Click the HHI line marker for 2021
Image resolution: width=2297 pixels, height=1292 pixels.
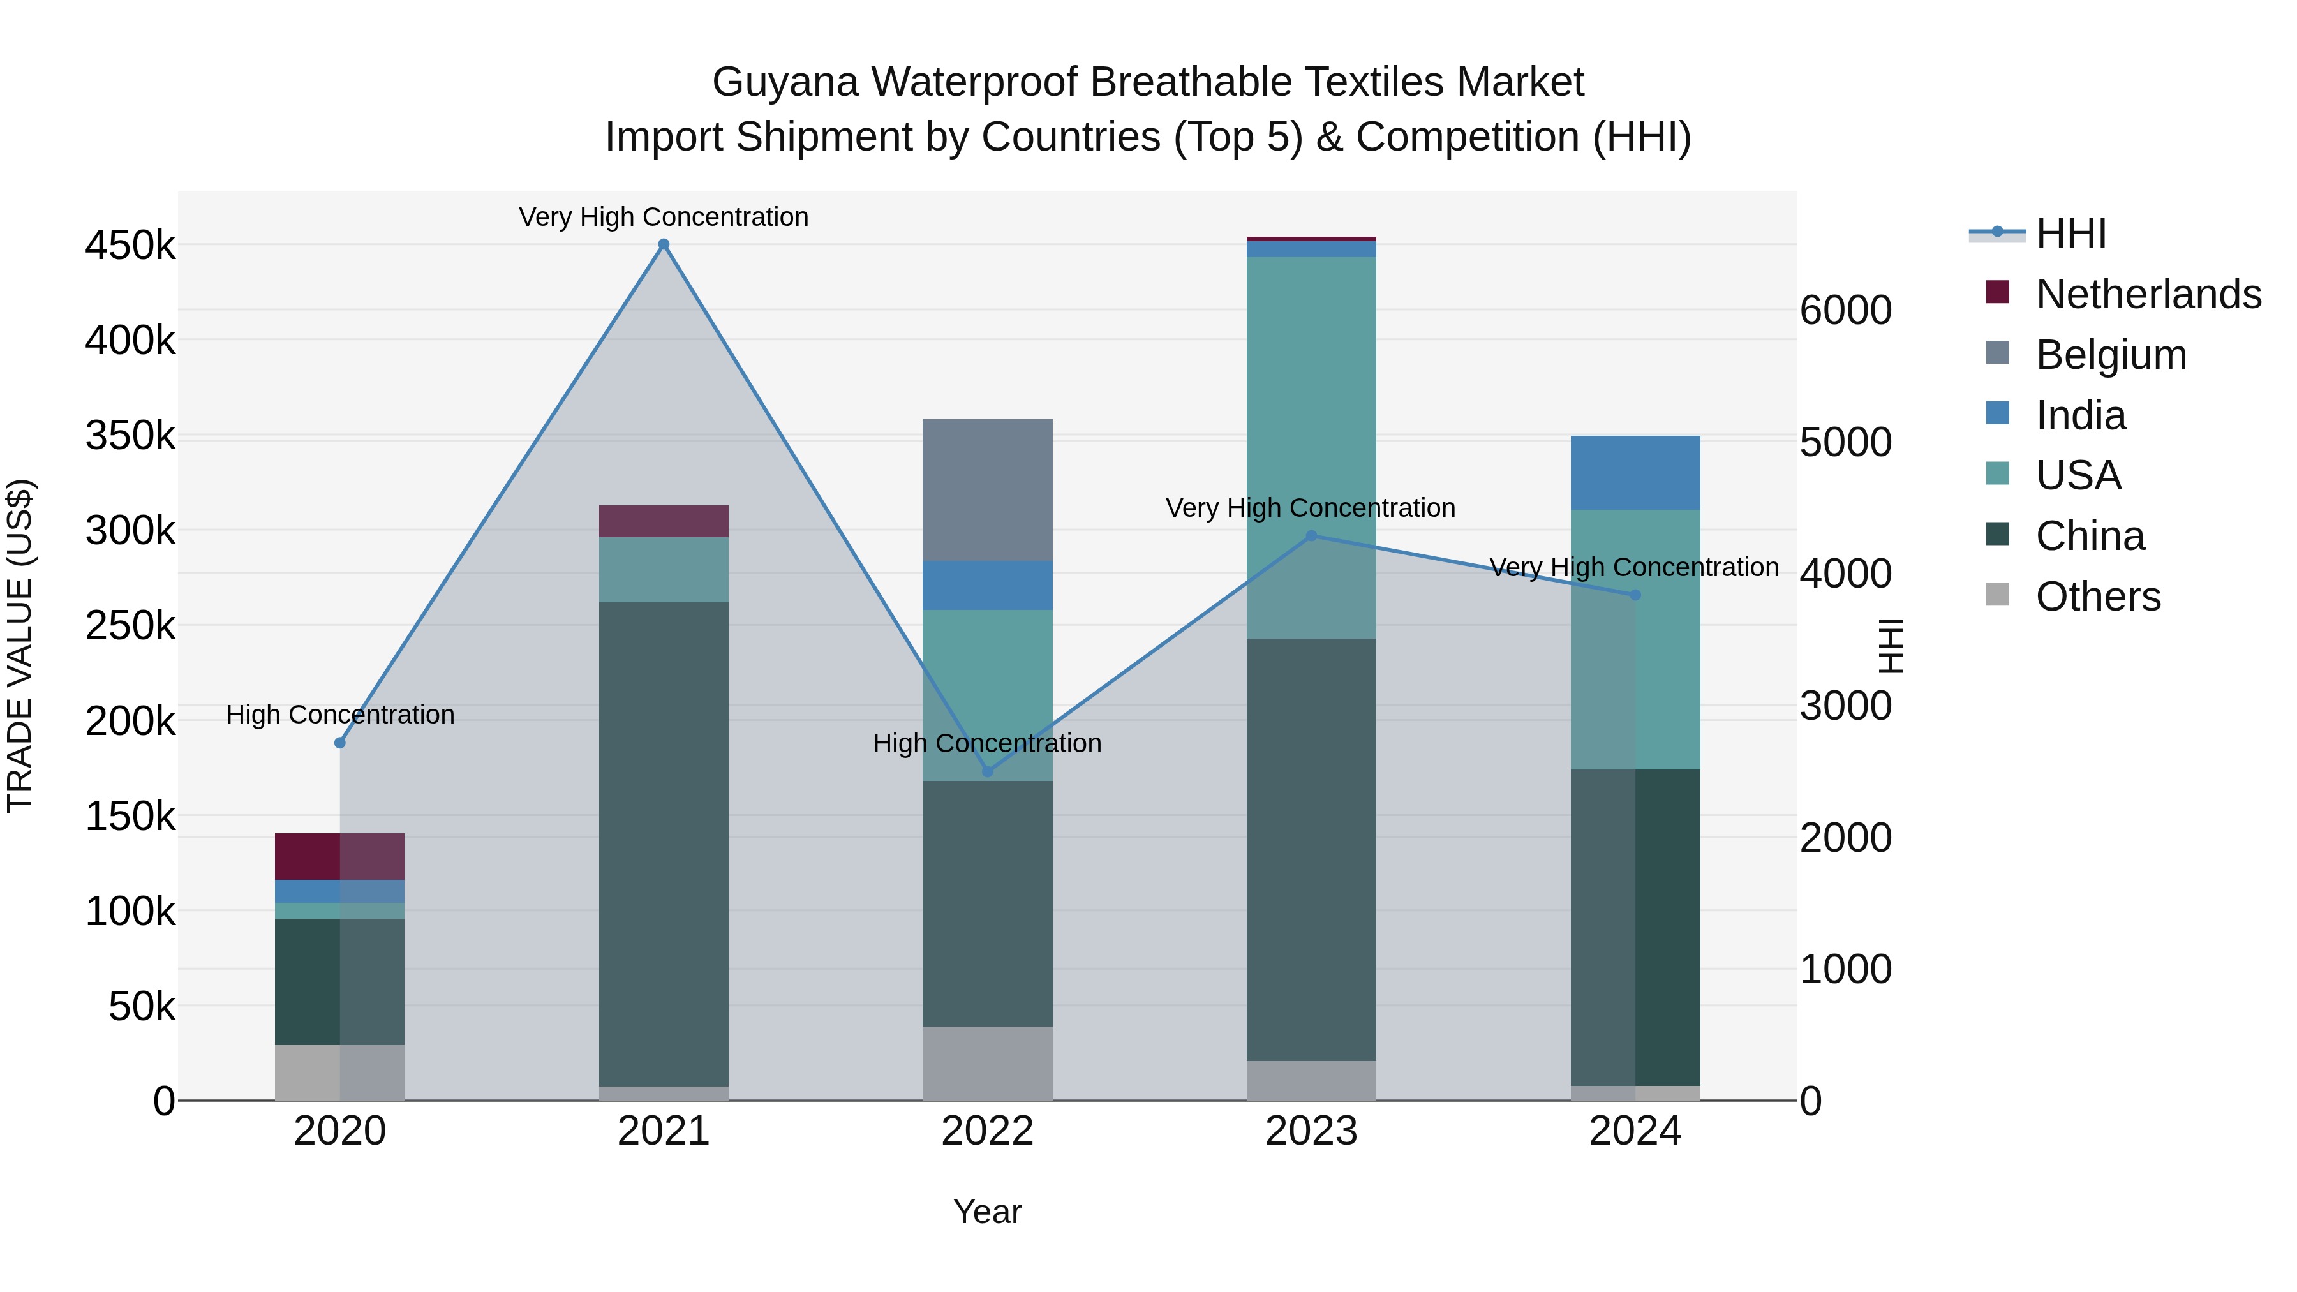pos(664,244)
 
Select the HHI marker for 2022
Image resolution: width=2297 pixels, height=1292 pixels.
pos(987,771)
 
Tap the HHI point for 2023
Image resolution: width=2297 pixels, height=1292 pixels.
pos(1311,536)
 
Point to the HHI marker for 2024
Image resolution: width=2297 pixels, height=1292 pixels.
pos(1635,595)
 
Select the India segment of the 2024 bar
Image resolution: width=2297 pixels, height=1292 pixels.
pos(1635,473)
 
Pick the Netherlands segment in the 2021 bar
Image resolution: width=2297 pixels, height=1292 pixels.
pos(664,521)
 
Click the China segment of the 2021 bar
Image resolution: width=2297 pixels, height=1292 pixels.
pos(664,843)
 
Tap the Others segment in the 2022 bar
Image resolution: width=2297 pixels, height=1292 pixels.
pos(987,1063)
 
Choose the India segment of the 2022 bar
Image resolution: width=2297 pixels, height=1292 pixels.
pos(987,585)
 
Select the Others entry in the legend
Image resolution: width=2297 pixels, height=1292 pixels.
pos(2097,597)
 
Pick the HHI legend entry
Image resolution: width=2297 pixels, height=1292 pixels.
pos(2070,234)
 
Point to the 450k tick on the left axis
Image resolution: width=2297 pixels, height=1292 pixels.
pos(130,245)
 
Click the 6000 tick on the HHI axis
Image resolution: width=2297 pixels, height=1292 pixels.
pos(1845,310)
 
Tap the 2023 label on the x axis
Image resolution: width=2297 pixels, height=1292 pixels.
pos(1311,1131)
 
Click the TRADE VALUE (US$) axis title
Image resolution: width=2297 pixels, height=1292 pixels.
pos(20,646)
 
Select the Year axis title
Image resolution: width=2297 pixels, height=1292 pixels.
pos(987,1212)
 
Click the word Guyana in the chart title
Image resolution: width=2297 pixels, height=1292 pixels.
pos(785,82)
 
